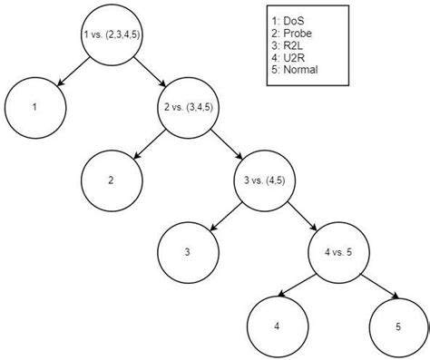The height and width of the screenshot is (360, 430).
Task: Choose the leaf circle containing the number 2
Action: pyautogui.click(x=111, y=179)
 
